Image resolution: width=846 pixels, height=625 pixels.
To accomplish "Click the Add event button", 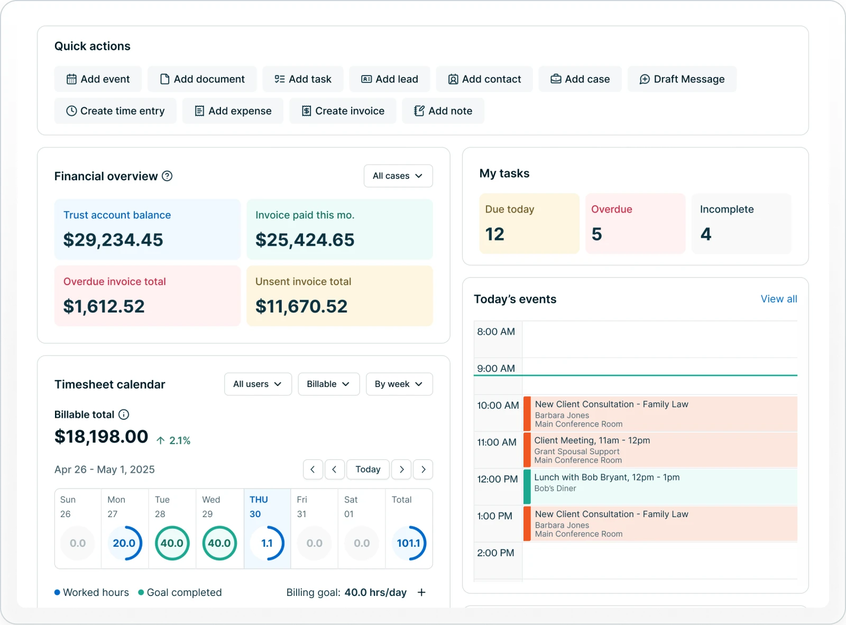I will [x=98, y=79].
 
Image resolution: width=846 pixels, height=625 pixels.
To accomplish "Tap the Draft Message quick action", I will [x=682, y=79].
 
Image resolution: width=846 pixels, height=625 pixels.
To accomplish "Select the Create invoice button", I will [x=343, y=111].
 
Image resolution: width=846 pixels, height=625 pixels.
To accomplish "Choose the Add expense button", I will [x=233, y=111].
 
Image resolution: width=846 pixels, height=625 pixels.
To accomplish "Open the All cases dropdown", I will [x=398, y=176].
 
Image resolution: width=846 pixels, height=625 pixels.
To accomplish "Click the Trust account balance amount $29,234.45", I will [x=113, y=240].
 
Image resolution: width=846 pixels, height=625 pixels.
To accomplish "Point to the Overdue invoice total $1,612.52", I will [x=104, y=307].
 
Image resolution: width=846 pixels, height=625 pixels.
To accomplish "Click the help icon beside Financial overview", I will [x=167, y=176].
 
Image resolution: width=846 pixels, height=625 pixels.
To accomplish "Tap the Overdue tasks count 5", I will [x=596, y=234].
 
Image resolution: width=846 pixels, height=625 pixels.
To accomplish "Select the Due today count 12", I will [x=495, y=234].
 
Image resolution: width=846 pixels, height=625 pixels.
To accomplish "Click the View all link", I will [x=778, y=299].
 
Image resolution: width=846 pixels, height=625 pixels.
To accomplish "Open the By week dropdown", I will [x=399, y=384].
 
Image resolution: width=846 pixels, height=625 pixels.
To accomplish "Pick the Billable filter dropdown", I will [x=328, y=384].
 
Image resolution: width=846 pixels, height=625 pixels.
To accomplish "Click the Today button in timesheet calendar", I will [x=367, y=470].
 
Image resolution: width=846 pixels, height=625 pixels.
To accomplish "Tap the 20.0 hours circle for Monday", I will [x=124, y=543].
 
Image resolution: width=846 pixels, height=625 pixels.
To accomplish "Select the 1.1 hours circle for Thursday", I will [x=267, y=543].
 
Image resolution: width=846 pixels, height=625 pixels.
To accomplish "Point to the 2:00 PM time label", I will [x=495, y=553].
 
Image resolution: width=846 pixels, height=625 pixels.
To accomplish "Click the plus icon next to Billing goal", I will [x=421, y=593].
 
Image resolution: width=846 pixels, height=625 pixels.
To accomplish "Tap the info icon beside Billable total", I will [x=124, y=415].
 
